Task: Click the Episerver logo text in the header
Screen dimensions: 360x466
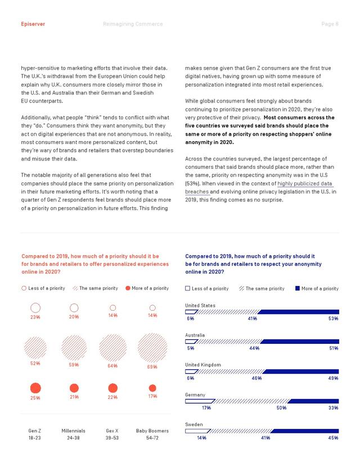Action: click(33, 24)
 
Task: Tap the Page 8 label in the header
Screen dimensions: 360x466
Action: click(330, 24)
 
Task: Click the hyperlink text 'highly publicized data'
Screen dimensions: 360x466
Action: click(305, 183)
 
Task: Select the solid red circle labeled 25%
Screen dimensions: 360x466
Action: click(35, 388)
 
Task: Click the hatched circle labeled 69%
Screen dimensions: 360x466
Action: click(152, 348)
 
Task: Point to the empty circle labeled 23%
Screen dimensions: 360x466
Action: click(35, 308)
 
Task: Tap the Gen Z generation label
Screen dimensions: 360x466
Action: click(35, 431)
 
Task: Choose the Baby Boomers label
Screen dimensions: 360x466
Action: click(152, 431)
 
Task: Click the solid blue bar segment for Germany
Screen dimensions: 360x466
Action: click(313, 401)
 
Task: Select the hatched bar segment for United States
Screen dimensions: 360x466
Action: click(227, 312)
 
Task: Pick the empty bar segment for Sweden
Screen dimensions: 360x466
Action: click(198, 431)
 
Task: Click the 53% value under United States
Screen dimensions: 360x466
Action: click(333, 319)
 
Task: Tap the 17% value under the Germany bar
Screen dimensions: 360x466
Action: click(206, 408)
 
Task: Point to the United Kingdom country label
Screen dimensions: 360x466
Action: click(203, 365)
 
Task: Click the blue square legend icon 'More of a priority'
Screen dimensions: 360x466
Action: click(298, 288)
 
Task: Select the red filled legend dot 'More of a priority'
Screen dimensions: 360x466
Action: click(128, 288)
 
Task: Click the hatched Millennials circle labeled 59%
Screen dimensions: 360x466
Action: click(74, 348)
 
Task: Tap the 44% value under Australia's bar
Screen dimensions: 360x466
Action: click(254, 348)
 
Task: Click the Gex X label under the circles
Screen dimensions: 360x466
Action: click(112, 431)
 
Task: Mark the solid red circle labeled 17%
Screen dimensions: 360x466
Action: click(152, 388)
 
